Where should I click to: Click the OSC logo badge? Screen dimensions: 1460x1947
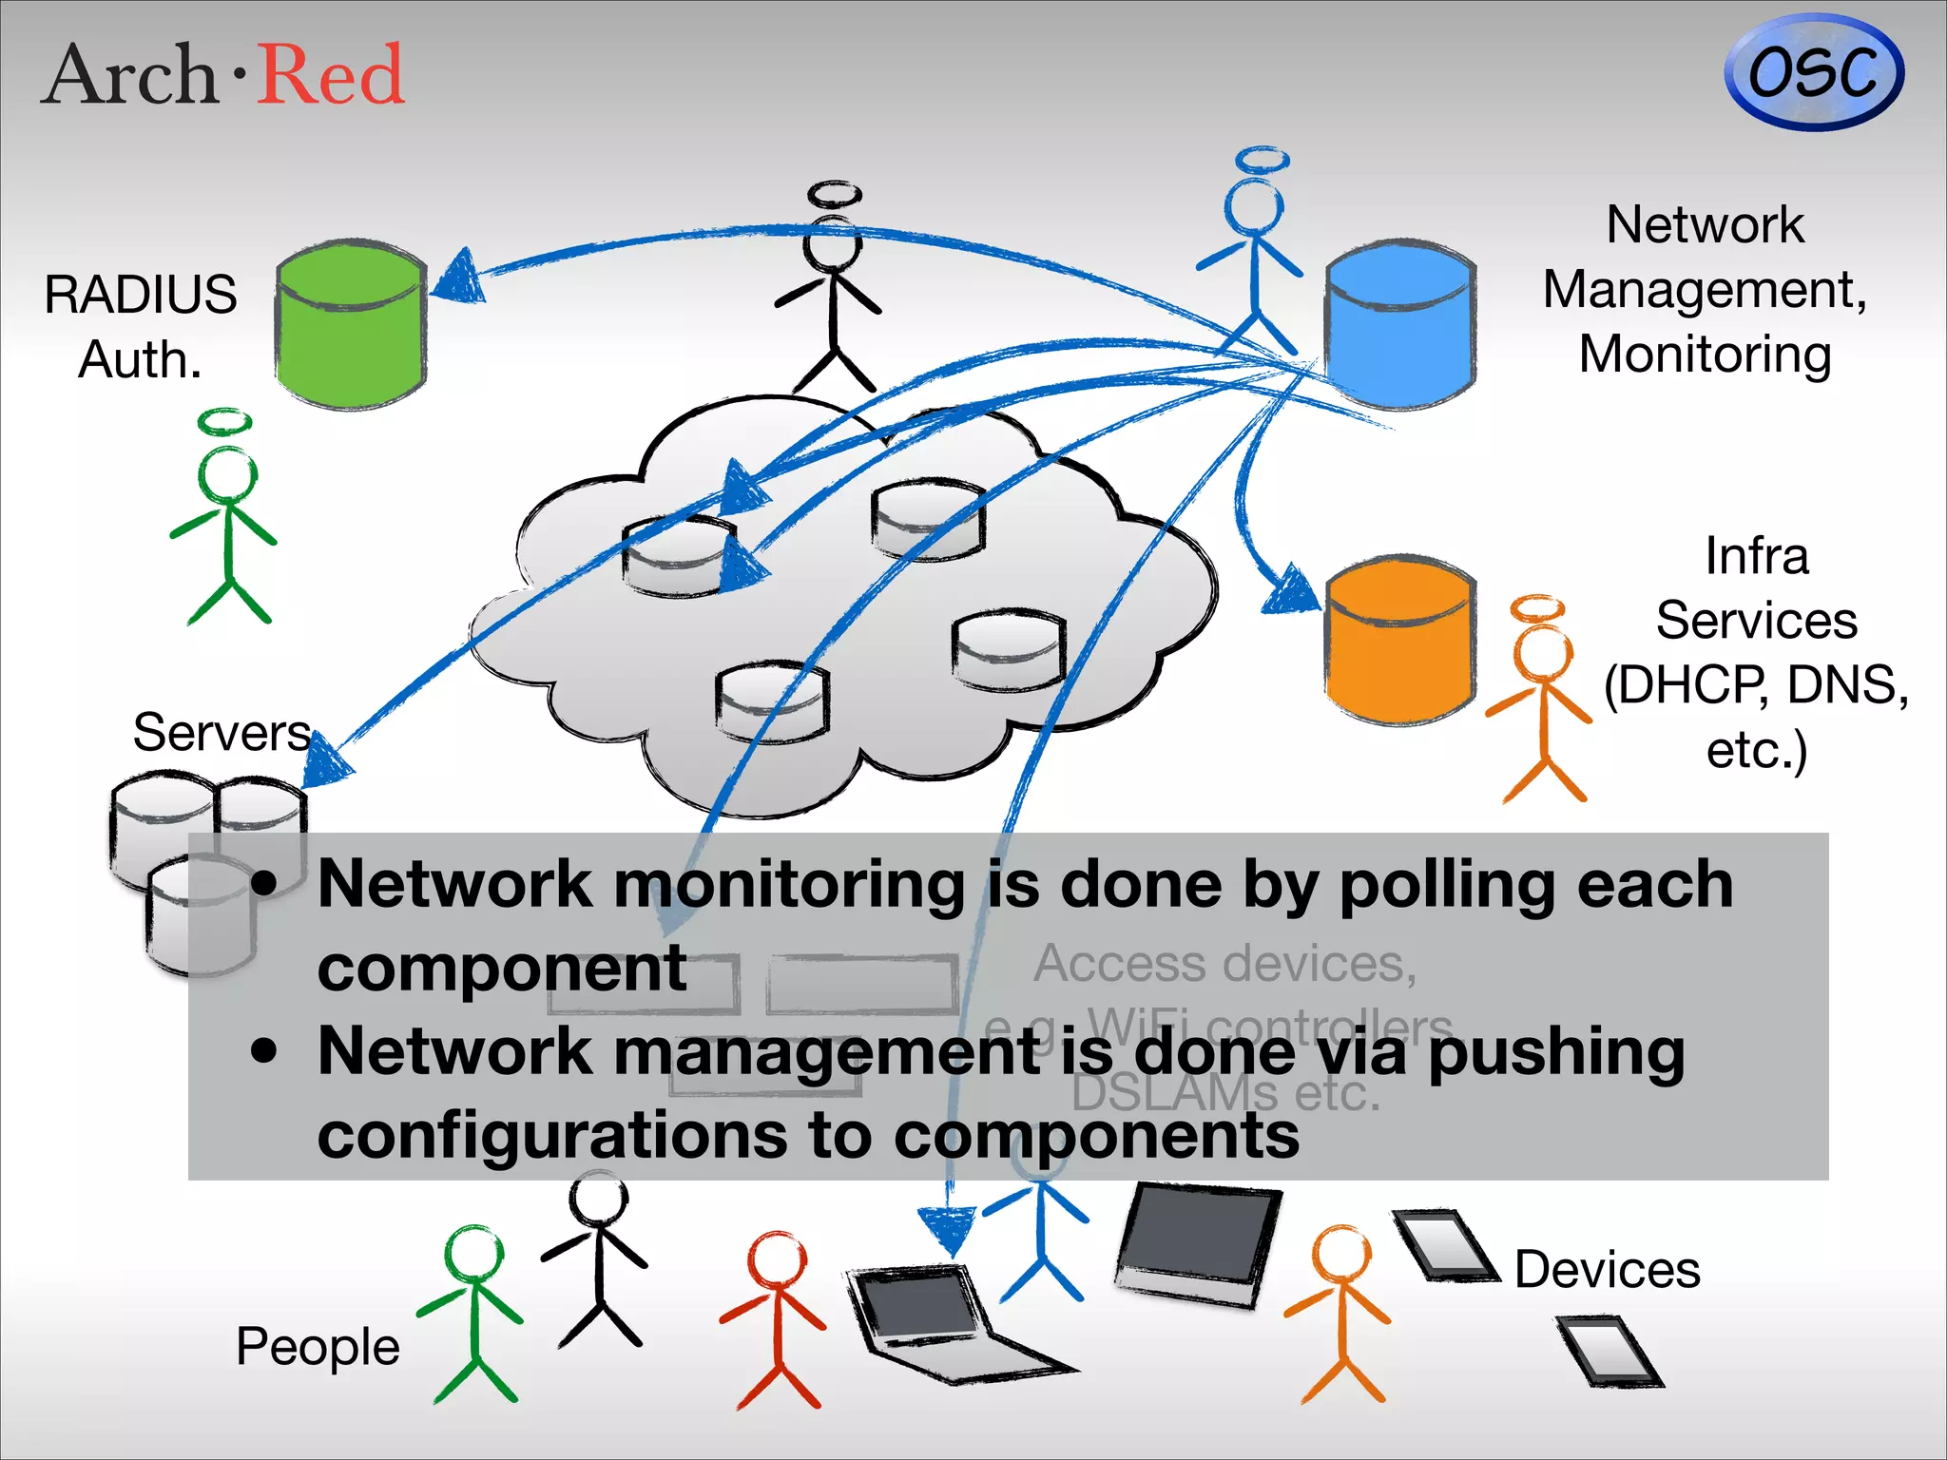coord(1813,73)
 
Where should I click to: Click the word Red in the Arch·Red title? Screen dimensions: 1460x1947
coord(332,75)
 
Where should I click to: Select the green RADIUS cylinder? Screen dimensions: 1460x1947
coord(351,325)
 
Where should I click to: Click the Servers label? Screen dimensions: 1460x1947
coord(222,733)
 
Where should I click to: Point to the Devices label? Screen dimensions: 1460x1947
coord(1607,1270)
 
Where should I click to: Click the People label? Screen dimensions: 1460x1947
coord(318,1346)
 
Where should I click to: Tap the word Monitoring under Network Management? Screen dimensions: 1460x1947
coord(1705,355)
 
